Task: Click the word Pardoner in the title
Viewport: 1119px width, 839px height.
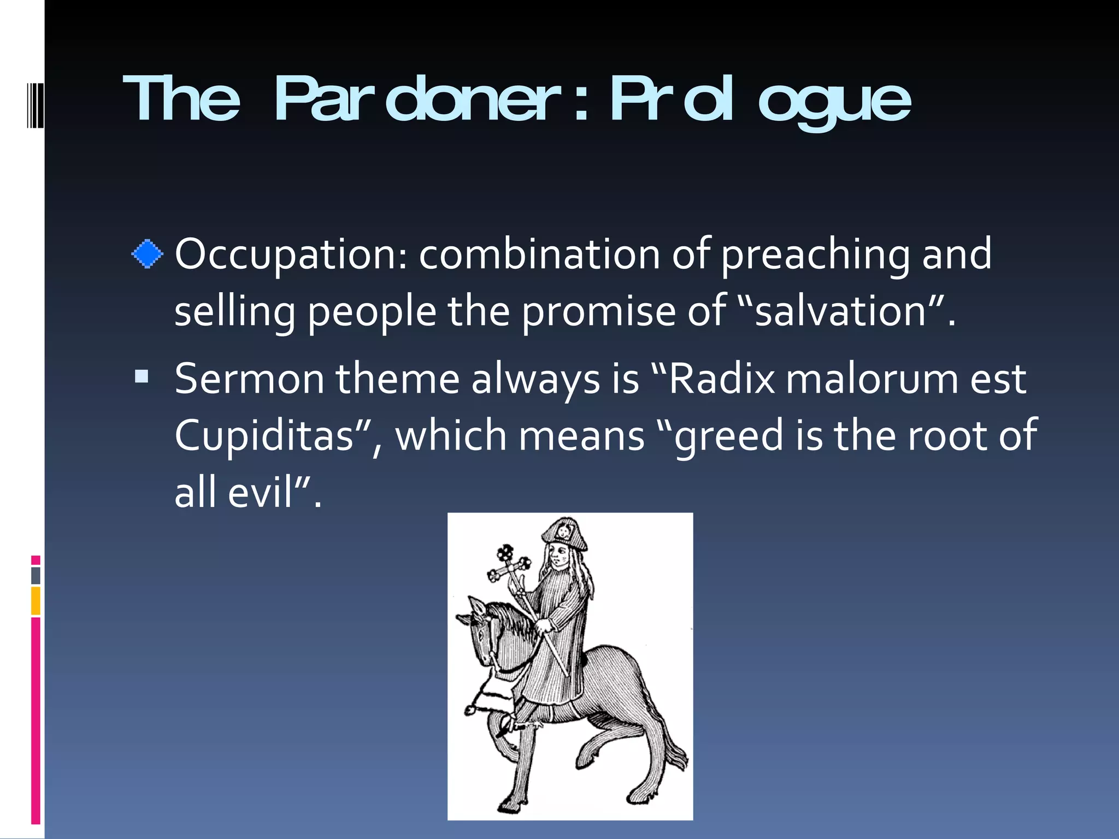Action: point(418,99)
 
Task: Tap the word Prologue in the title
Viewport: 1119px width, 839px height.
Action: point(759,99)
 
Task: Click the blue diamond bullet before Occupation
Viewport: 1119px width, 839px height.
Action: point(148,255)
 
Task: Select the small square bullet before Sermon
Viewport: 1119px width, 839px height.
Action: point(142,376)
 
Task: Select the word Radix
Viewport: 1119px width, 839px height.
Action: point(721,379)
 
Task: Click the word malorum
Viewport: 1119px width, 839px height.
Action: point(871,379)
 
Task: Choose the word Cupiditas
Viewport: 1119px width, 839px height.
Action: point(264,436)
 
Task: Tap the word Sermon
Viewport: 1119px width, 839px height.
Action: point(249,379)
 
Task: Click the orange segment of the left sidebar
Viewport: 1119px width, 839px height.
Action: point(36,600)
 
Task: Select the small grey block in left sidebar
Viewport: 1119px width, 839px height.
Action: point(36,575)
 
